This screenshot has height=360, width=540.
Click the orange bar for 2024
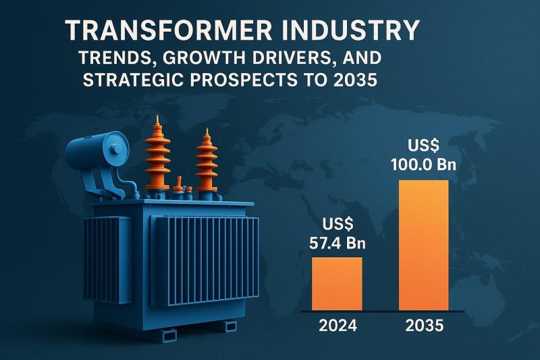[336, 284]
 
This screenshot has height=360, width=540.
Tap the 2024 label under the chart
[336, 327]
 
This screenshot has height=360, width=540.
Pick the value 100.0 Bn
[424, 164]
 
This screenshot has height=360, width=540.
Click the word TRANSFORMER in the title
[157, 31]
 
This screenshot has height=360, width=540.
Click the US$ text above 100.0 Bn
[424, 145]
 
